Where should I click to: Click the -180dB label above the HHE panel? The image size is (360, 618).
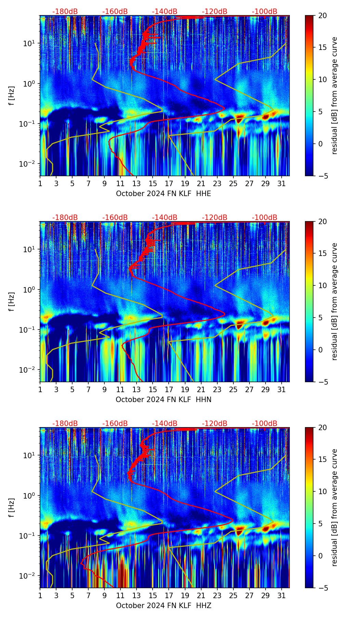pos(65,12)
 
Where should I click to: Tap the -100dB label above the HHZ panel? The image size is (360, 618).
pos(265,424)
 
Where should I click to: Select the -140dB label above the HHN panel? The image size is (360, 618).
pos(165,218)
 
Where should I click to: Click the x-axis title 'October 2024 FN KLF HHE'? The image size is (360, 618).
pos(163,194)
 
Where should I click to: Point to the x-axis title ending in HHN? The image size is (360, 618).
pos(163,400)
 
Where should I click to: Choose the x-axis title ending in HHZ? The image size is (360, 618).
pos(163,606)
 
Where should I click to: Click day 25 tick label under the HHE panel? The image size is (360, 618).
pos(233,183)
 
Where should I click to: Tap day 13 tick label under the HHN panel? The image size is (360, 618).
pos(137,389)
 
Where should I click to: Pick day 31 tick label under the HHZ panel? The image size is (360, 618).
pos(281,595)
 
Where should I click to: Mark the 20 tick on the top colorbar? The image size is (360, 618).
pos(322,16)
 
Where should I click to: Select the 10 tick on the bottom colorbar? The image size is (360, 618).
pos(322,492)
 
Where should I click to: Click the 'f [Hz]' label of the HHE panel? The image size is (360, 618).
pos(12,96)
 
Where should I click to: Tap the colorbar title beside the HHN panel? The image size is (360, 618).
pos(334,301)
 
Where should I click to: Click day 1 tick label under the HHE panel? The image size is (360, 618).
pos(40,183)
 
